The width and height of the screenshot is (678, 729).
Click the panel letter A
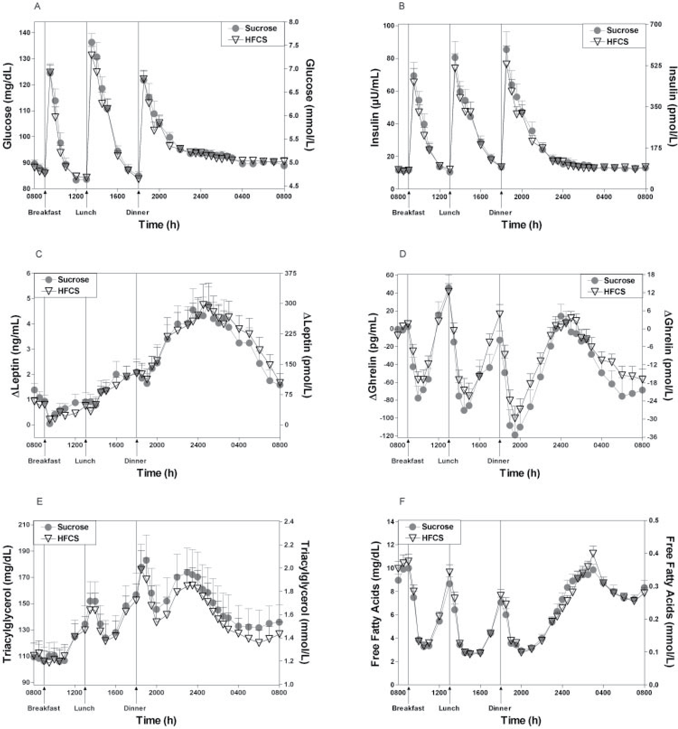[37, 7]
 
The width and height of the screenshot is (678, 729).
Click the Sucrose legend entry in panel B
[622, 30]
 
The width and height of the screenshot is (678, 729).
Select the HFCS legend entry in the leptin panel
[68, 291]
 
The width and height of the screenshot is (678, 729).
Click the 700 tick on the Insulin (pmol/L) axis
[655, 24]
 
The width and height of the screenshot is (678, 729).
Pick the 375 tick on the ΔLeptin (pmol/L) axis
[290, 273]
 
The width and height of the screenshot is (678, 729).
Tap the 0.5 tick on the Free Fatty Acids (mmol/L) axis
[654, 521]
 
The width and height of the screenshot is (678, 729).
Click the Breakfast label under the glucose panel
[44, 212]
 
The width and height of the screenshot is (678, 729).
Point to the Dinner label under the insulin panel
[500, 212]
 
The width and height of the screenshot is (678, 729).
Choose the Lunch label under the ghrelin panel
[448, 461]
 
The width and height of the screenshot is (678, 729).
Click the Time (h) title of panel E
[157, 720]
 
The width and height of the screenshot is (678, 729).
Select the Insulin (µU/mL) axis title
[374, 108]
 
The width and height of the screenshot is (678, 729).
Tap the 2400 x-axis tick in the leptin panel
[198, 445]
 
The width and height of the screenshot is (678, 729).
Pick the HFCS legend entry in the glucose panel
[256, 40]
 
